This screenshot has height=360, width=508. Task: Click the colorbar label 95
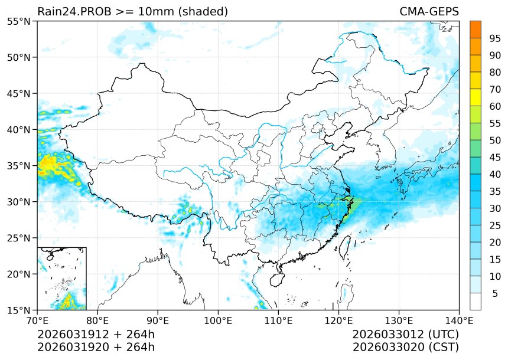495,38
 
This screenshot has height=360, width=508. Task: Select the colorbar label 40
495,174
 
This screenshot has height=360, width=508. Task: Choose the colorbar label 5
495,293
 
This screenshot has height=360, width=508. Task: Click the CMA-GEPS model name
429,12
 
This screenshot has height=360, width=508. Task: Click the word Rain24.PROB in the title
70,12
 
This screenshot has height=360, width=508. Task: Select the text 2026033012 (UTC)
405,335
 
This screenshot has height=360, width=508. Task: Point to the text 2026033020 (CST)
405,347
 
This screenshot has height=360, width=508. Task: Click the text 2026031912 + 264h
96,335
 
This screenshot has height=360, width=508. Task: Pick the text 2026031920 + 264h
96,347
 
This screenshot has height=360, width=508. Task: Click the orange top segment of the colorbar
475,29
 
